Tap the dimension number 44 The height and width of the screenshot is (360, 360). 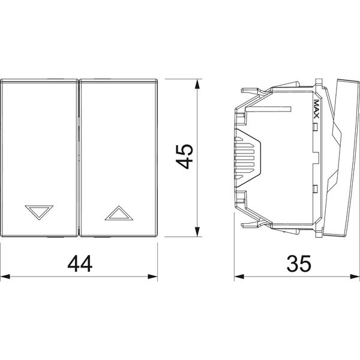(x=80, y=264)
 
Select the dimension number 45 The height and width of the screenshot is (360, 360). (x=184, y=157)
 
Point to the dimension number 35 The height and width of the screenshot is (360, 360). (x=299, y=263)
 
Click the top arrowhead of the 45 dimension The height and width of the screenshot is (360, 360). (x=197, y=84)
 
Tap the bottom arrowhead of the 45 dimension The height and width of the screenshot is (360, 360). (x=197, y=232)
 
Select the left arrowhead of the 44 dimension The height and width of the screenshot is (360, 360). (x=5, y=277)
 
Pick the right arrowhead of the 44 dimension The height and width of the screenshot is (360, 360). (x=152, y=277)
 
